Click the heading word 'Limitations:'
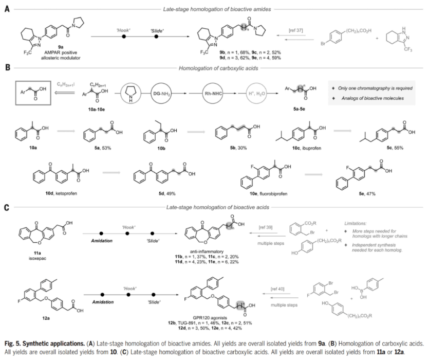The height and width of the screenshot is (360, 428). point(357,225)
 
